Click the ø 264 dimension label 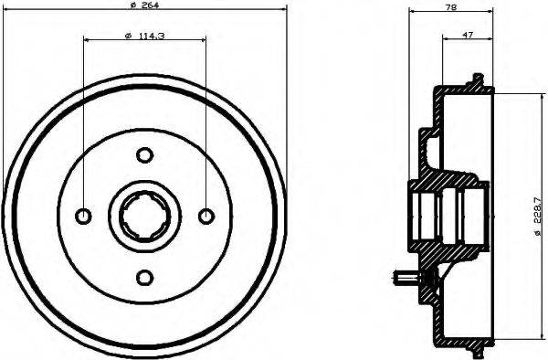(x=145, y=7)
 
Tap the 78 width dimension (x=451, y=7)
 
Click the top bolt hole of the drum (x=144, y=155)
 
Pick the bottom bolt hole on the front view (x=144, y=277)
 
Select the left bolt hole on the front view (x=83, y=217)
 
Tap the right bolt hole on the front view (x=205, y=217)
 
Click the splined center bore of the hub (x=144, y=217)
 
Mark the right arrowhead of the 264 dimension (x=283, y=9)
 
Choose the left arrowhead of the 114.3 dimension (x=86, y=39)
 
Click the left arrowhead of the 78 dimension (x=412, y=12)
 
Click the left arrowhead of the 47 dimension (x=445, y=38)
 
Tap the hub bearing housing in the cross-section (x=448, y=217)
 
